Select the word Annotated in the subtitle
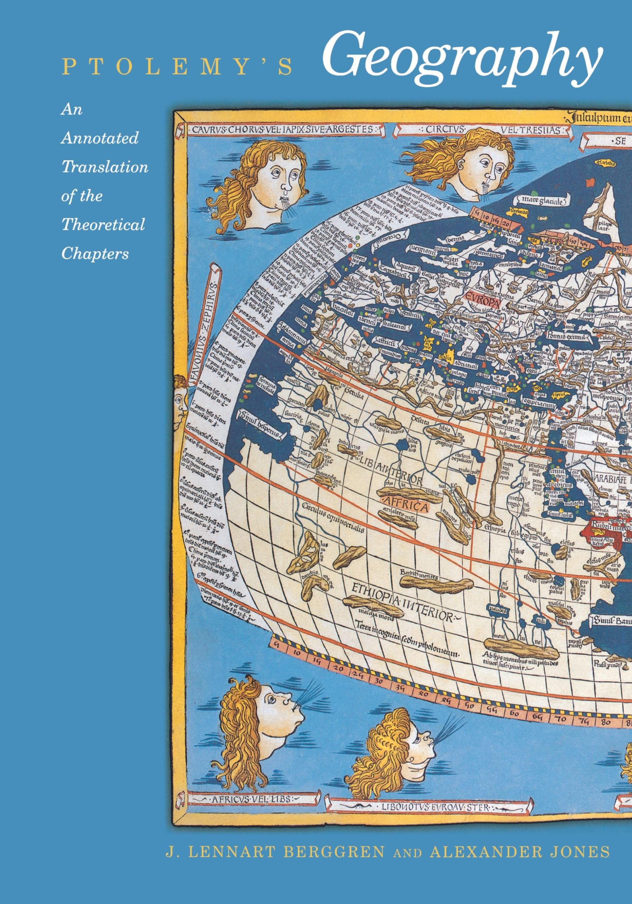pyautogui.click(x=99, y=138)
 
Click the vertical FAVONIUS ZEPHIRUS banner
pyautogui.click(x=204, y=332)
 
